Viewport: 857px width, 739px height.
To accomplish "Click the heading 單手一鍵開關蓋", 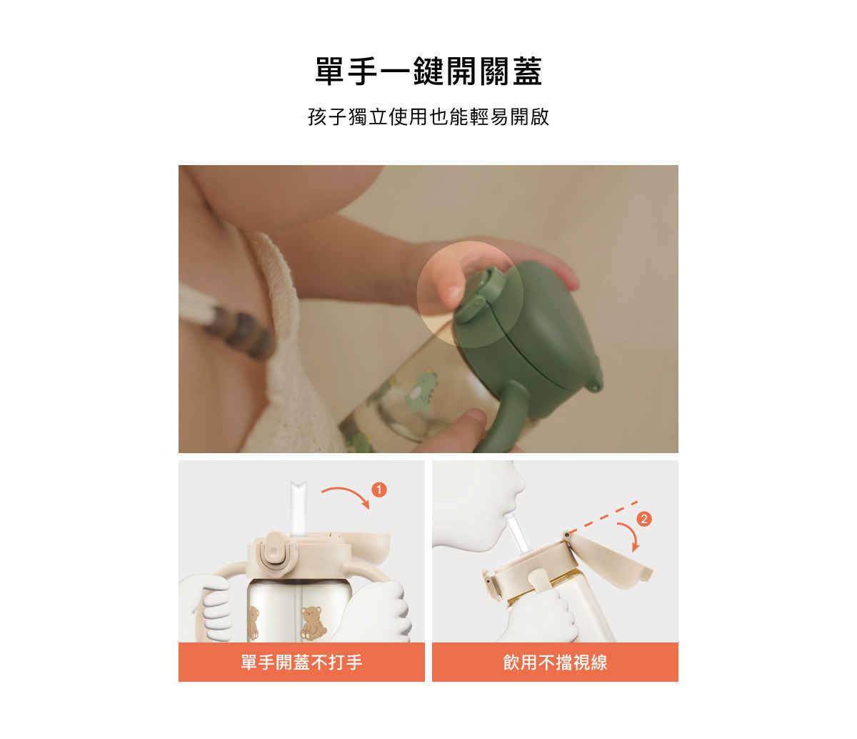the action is (x=428, y=71).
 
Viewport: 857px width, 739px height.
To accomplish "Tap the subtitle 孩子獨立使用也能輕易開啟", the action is (x=428, y=116).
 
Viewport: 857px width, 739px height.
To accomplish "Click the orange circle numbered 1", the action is (x=379, y=490).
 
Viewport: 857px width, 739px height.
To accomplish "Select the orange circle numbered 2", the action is (x=644, y=519).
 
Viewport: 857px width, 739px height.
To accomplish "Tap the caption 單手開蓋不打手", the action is (x=301, y=662).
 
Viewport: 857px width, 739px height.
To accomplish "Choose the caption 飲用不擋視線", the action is (x=555, y=662).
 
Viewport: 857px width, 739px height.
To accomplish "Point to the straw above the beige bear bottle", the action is (x=298, y=509).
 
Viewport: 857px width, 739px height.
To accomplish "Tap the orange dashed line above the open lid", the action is (x=603, y=517).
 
